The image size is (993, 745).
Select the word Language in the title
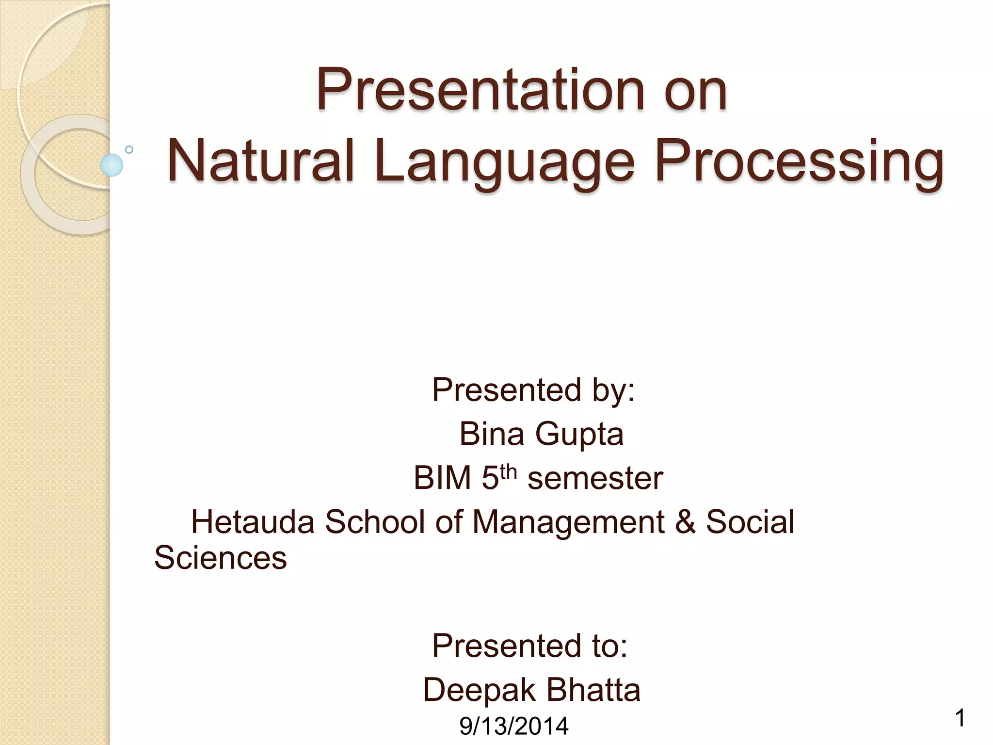click(504, 162)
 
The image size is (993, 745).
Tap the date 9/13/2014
click(513, 726)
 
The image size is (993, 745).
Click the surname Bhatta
click(593, 690)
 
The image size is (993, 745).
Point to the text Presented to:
click(529, 646)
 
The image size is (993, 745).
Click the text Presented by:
click(533, 390)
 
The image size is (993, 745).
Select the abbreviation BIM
click(442, 478)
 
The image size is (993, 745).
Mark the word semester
click(595, 479)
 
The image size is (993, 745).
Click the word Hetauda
click(253, 522)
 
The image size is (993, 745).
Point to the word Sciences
click(221, 558)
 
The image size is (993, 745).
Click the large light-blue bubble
click(112, 165)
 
